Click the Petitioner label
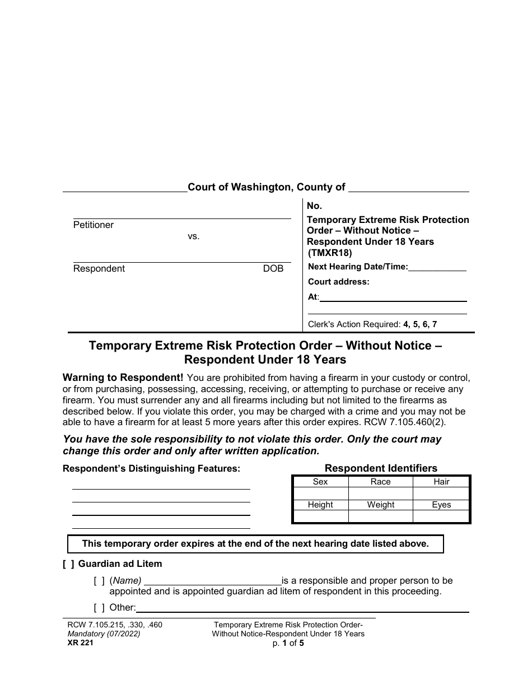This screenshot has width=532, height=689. (94, 225)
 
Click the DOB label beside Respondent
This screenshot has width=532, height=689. (273, 269)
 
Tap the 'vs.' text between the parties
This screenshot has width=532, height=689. (193, 236)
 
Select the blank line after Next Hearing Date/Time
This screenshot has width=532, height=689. (437, 268)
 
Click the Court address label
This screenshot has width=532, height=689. (339, 282)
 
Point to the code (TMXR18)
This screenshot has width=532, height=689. (330, 253)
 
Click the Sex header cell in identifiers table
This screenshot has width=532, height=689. (320, 482)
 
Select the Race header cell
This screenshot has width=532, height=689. (381, 482)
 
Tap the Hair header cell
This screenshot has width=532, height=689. (441, 482)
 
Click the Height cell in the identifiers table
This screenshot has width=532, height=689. (320, 505)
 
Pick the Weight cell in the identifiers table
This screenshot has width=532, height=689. (381, 505)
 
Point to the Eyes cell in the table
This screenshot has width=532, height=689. (441, 505)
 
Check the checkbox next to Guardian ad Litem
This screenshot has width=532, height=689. (68, 564)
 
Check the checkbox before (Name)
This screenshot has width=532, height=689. (99, 581)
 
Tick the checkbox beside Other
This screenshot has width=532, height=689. (99, 608)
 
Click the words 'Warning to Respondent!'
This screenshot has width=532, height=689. (123, 378)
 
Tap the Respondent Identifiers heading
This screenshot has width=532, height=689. (381, 468)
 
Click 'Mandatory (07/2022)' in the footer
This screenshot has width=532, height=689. (101, 634)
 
